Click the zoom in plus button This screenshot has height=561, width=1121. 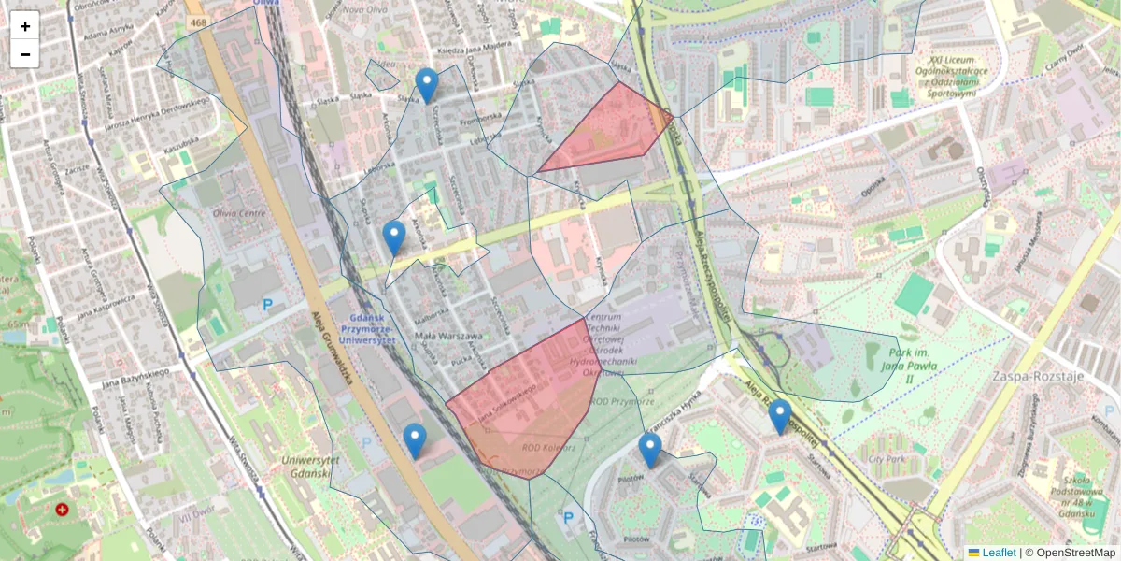25,26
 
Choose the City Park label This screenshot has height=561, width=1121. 887,460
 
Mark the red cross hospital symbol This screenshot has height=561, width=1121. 63,510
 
